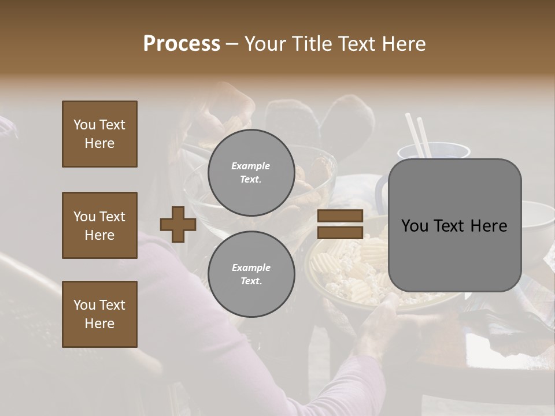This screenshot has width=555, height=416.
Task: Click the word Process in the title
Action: point(182,44)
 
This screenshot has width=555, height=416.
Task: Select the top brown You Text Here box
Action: point(99,134)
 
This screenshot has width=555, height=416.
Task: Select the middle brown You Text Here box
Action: point(99,225)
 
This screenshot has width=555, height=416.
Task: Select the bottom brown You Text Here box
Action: point(99,314)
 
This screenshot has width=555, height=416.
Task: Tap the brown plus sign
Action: point(177,224)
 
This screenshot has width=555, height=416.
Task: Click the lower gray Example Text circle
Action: point(251,274)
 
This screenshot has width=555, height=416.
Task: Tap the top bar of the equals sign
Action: point(340,216)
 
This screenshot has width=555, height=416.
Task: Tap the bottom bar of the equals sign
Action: point(340,232)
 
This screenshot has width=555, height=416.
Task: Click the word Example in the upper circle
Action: point(250,166)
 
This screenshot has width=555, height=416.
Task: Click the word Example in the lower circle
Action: point(250,268)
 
